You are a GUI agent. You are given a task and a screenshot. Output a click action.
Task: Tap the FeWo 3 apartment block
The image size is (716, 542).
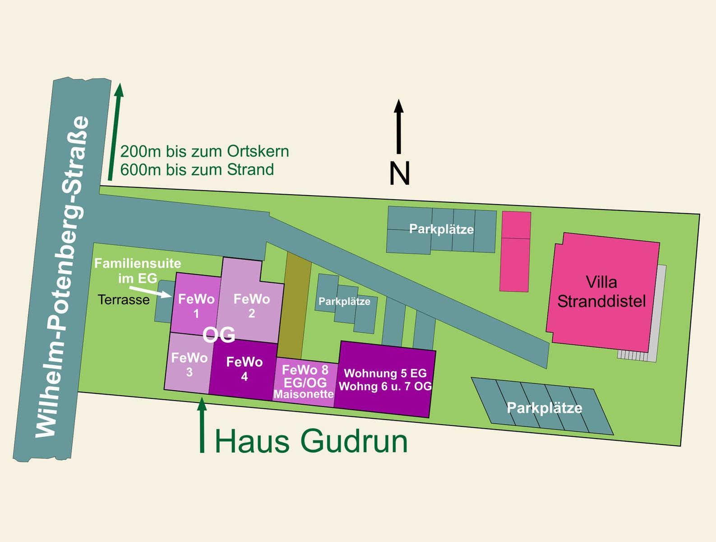(189, 364)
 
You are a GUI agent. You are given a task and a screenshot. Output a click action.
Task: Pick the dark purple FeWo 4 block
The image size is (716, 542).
(244, 369)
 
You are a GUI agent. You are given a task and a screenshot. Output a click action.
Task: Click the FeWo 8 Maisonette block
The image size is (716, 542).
(305, 382)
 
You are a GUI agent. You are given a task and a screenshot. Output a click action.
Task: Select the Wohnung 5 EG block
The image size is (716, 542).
(385, 380)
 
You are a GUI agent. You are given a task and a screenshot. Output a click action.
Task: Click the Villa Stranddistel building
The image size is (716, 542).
(601, 291)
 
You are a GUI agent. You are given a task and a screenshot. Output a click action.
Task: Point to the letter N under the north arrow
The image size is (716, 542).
(399, 173)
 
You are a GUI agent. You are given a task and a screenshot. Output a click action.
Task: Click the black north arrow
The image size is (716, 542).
(399, 126)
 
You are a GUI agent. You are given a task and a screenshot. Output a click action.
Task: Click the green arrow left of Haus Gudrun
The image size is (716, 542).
(202, 425)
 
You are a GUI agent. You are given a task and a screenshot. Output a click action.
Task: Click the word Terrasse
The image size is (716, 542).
(124, 300)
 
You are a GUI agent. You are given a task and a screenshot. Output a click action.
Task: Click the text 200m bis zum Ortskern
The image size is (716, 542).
(204, 151)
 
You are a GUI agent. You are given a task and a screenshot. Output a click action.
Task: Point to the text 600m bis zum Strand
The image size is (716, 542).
(197, 170)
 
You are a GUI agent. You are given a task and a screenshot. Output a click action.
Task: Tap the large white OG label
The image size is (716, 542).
(219, 335)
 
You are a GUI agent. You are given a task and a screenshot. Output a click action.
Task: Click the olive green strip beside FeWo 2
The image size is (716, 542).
(294, 305)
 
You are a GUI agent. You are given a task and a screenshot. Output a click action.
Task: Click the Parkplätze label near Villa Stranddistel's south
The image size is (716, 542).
(544, 408)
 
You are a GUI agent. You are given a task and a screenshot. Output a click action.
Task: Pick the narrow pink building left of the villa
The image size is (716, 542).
(515, 252)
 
